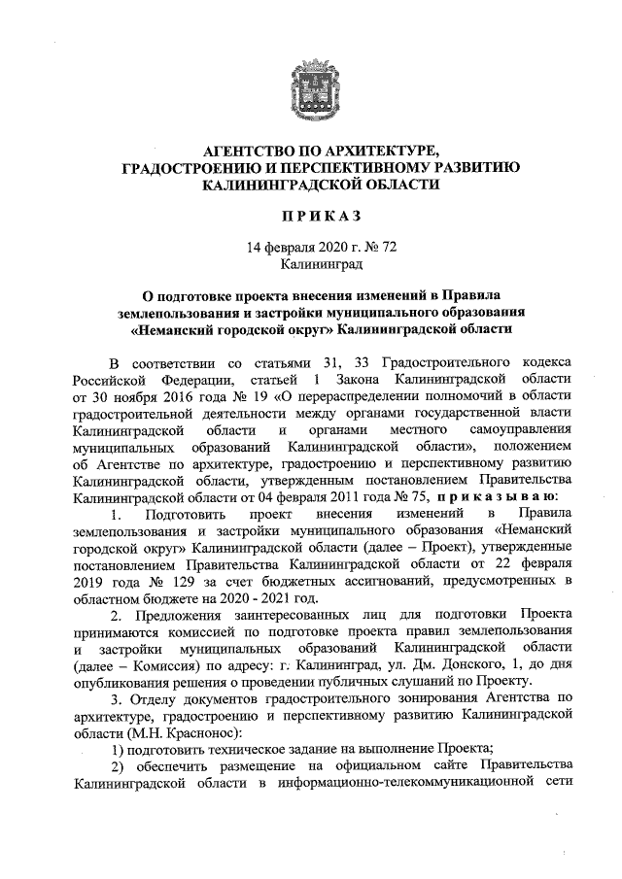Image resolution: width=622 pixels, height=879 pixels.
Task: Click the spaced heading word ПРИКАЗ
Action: [x=311, y=215]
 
